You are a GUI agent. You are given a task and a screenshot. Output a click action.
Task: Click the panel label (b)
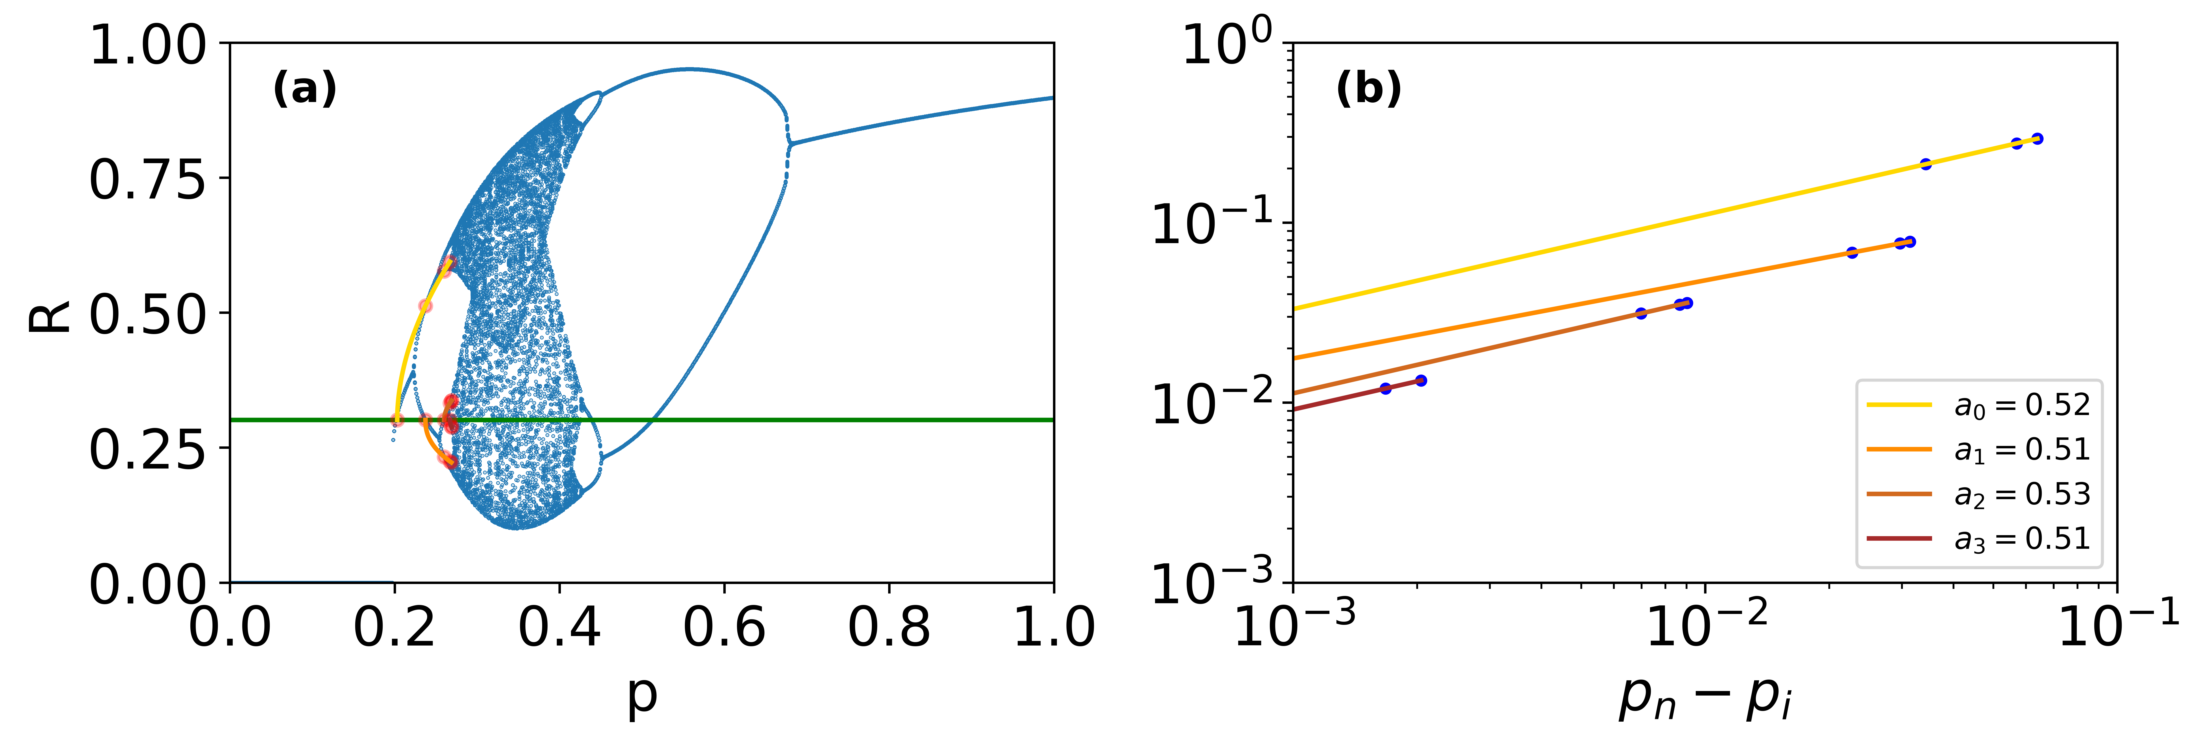pos(1368,89)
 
